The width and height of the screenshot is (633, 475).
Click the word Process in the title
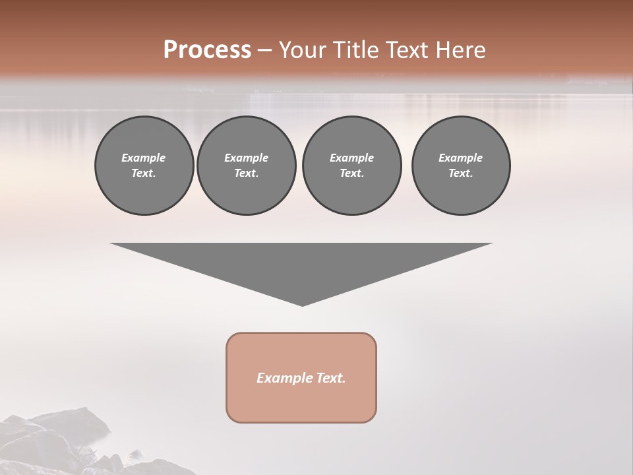click(207, 50)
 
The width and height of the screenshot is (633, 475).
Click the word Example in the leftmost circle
click(144, 158)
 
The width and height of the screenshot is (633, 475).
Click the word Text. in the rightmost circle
click(460, 173)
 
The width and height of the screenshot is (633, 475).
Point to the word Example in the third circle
click(351, 158)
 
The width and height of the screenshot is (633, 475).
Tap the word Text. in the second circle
click(246, 173)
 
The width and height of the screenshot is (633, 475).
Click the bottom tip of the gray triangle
click(302, 304)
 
